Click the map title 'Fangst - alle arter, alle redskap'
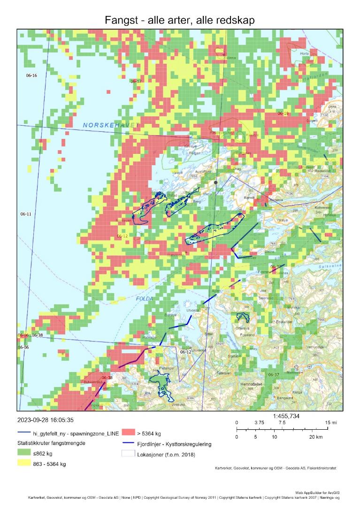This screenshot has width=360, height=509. (x=180, y=19)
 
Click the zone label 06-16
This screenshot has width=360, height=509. (x=31, y=76)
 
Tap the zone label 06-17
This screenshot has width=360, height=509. (x=136, y=81)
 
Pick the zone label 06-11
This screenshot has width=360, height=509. (x=25, y=214)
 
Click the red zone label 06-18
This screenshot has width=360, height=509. (x=283, y=114)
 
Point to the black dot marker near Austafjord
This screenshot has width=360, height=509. (x=215, y=182)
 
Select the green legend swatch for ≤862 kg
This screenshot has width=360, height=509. (x=23, y=454)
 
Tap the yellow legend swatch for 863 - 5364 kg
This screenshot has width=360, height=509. (x=23, y=464)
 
